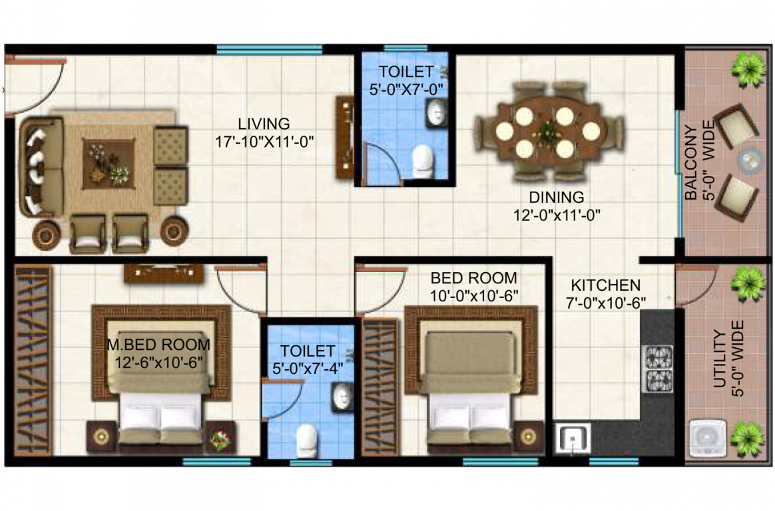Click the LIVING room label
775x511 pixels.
264,124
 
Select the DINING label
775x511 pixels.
556,198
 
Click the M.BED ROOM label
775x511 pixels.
158,345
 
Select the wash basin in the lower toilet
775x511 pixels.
342,398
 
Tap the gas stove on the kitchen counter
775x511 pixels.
657,367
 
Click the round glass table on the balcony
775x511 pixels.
750,160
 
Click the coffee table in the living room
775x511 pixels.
109,163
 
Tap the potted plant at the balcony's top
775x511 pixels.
748,67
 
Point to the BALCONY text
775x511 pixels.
692,163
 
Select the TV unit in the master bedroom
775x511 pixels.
163,273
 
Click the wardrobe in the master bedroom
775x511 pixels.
33,360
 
